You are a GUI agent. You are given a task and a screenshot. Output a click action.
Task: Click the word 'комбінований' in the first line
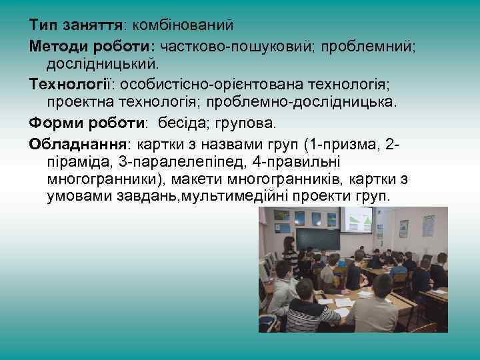[x=183, y=25]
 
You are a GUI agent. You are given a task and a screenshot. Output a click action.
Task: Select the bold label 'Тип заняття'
[x=75, y=25]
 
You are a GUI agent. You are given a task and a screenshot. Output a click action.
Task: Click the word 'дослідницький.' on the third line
[x=103, y=64]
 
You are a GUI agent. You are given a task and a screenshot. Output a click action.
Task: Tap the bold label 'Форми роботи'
[x=87, y=123]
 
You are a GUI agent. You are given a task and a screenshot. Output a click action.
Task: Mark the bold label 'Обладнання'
[x=81, y=144]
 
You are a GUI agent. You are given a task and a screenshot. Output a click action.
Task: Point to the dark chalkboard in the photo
[x=317, y=239]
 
